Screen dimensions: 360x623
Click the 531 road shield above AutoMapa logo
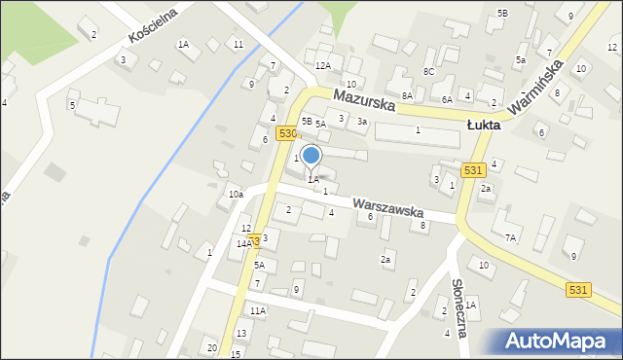[x=578, y=289]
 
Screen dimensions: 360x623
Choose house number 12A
[x=322, y=65]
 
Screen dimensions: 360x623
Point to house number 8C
[x=428, y=71]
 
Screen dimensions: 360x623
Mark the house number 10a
[x=236, y=195]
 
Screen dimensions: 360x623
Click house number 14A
[x=242, y=244]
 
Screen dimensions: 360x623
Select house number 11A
[x=257, y=310]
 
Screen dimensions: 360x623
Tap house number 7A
[x=509, y=237]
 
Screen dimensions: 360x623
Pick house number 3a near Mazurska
[x=361, y=121]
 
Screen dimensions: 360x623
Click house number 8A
[x=407, y=95]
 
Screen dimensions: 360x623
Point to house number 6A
[x=447, y=99]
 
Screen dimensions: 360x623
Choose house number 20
[x=211, y=347]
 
